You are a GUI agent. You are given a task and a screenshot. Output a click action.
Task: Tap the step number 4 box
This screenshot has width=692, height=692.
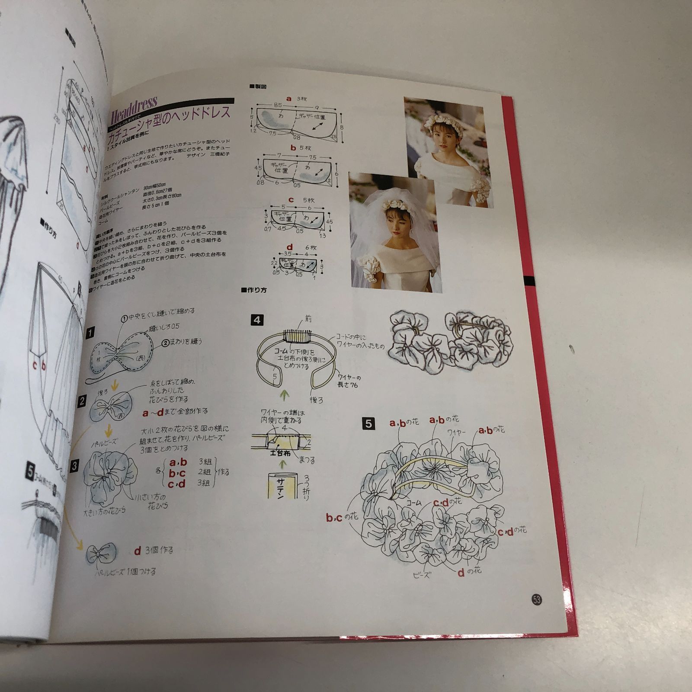257,320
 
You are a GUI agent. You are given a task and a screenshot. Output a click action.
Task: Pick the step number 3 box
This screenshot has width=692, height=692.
75,466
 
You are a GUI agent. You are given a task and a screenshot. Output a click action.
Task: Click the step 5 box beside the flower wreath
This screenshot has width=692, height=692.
368,423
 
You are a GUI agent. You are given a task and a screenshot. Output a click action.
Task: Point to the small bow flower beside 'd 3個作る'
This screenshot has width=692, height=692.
101,554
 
